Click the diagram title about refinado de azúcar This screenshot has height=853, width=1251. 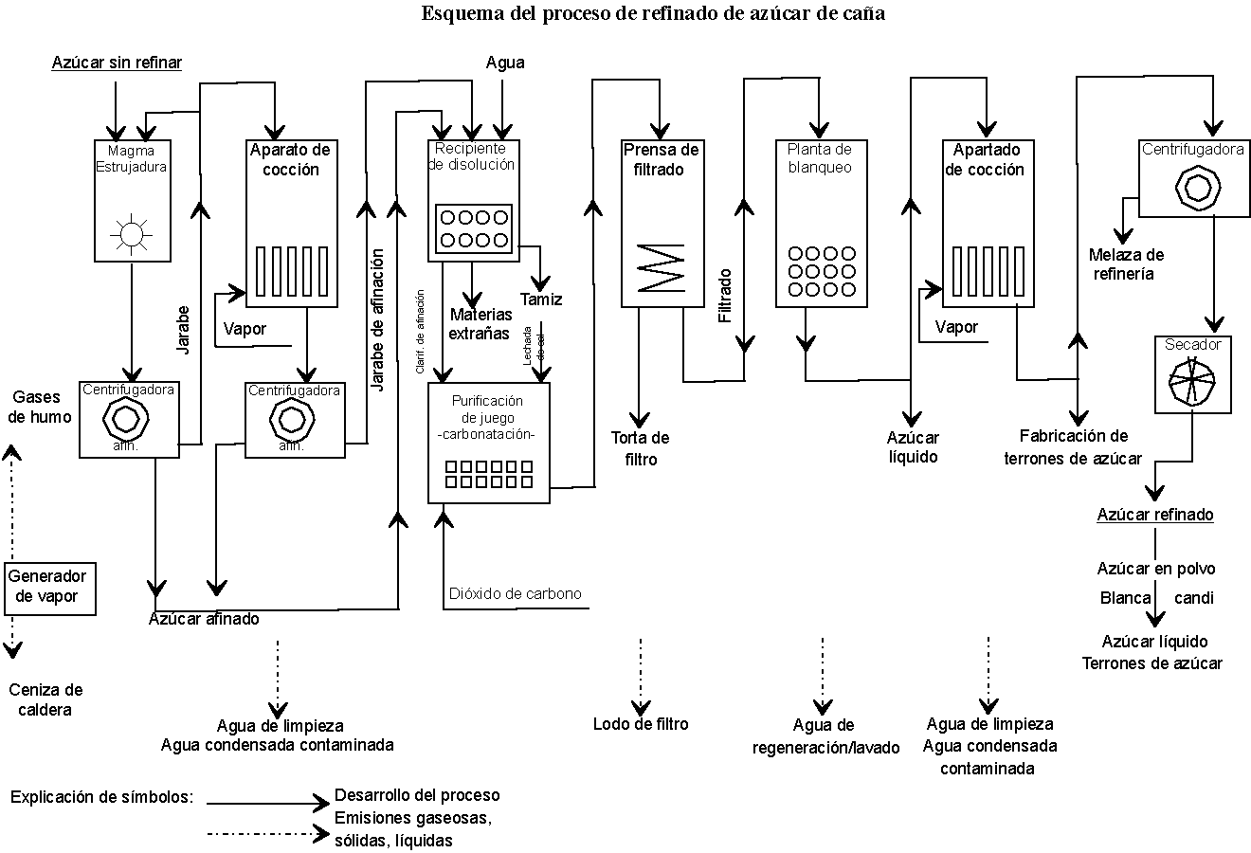(x=653, y=14)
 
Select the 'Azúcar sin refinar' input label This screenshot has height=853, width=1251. (x=117, y=63)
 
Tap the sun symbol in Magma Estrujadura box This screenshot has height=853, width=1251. (x=131, y=232)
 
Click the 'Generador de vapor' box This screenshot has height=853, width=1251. (x=48, y=587)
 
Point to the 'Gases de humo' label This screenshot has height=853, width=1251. (x=42, y=408)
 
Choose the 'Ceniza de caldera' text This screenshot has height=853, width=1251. (x=45, y=699)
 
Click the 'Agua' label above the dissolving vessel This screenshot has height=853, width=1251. (x=505, y=63)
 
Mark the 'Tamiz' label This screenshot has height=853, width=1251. (x=541, y=299)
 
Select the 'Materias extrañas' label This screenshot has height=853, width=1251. (x=480, y=323)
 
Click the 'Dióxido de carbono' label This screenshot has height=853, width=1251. (x=515, y=593)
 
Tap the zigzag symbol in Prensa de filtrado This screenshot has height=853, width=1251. (x=661, y=266)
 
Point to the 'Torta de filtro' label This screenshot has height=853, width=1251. (x=641, y=448)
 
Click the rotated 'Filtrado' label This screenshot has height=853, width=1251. (x=725, y=296)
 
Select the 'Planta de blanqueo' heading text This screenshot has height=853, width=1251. (x=820, y=158)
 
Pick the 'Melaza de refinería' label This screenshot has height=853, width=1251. (x=1126, y=263)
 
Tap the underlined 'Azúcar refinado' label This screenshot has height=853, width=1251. (x=1155, y=515)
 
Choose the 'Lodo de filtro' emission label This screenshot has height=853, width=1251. (x=641, y=724)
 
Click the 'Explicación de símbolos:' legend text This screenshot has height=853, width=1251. (x=101, y=796)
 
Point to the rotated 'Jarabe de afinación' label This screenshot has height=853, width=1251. (x=378, y=320)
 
